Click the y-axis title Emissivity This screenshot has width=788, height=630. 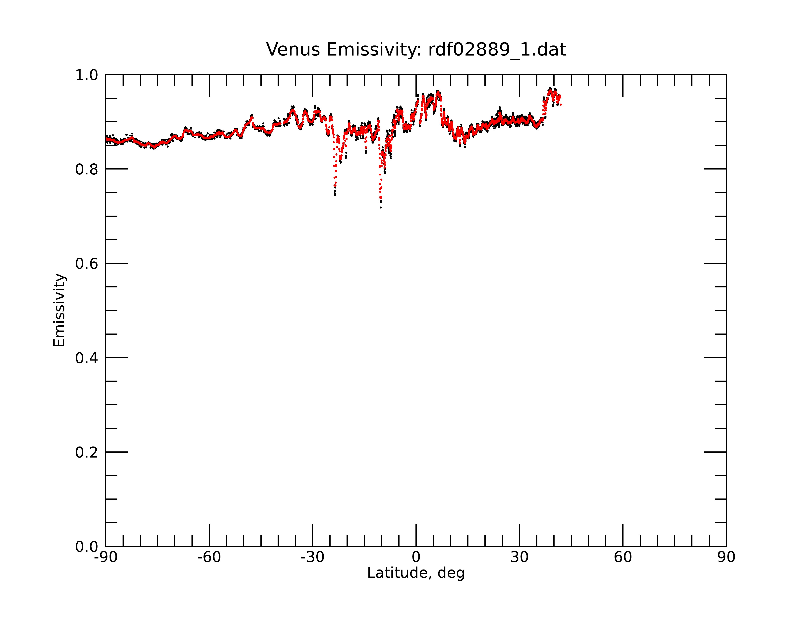point(59,310)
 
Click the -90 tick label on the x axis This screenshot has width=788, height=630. point(106,557)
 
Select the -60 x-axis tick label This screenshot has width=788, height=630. point(209,557)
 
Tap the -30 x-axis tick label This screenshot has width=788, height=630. point(312,557)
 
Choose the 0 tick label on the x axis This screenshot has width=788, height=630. point(416,557)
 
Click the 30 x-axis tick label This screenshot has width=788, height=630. point(519,557)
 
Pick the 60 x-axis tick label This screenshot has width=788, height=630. point(623,557)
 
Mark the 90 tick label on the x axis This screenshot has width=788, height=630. point(726,557)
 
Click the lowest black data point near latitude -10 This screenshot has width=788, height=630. point(381,208)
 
